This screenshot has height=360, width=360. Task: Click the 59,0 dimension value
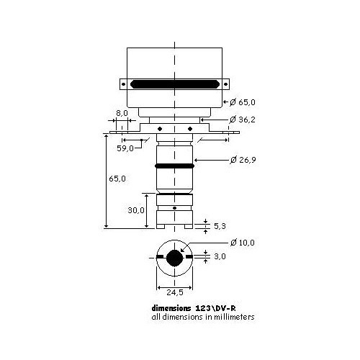pyautogui.click(x=126, y=148)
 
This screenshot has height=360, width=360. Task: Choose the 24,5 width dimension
pyautogui.click(x=175, y=293)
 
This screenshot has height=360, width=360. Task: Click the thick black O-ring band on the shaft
pyautogui.click(x=175, y=166)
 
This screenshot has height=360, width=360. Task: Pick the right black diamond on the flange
pyautogui.click(x=189, y=129)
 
